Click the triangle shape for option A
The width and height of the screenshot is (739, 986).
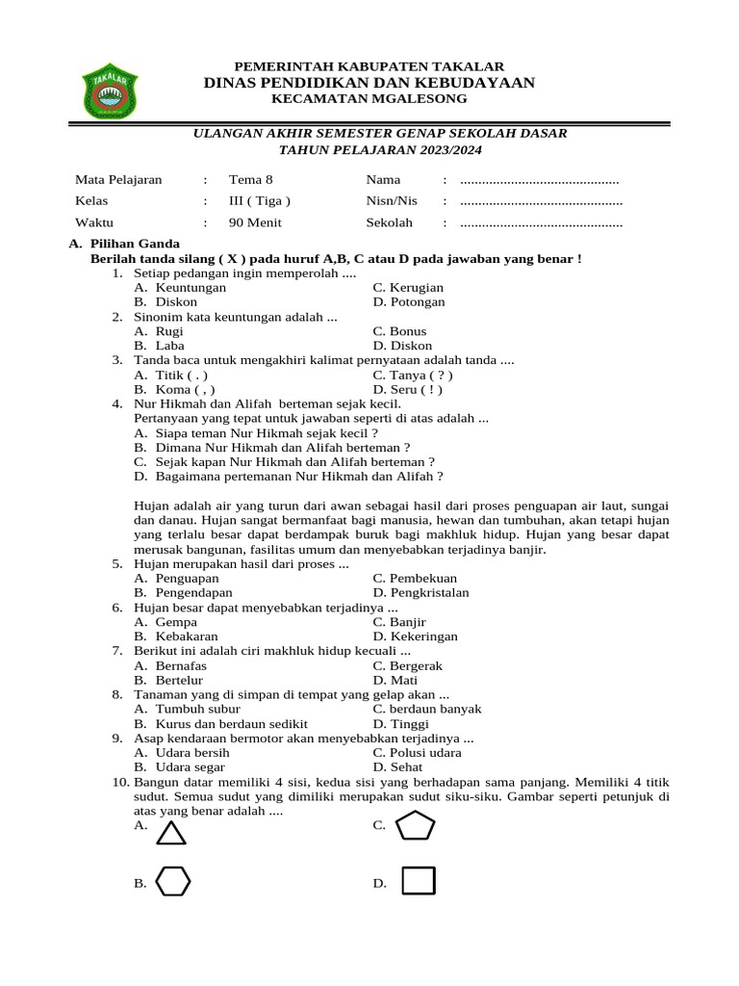point(171,833)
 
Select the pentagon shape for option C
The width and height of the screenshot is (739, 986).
point(417,825)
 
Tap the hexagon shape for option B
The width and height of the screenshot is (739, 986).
point(174,881)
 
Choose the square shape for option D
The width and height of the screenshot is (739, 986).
point(419,881)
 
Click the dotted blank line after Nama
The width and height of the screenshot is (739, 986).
point(539,180)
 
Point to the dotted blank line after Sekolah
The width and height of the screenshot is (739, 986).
point(541,223)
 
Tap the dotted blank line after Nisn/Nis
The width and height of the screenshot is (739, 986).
point(541,202)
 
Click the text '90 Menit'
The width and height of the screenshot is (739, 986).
point(252,222)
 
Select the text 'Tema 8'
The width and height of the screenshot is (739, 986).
point(250,180)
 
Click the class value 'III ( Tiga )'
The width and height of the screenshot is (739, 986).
point(259,201)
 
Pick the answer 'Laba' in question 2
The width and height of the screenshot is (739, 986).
point(169,346)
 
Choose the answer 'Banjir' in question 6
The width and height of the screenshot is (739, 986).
point(408,622)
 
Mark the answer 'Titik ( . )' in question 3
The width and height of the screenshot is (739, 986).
point(181,375)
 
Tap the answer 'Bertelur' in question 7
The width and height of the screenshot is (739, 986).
point(179,680)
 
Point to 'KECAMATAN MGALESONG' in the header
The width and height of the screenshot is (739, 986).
point(369,99)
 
